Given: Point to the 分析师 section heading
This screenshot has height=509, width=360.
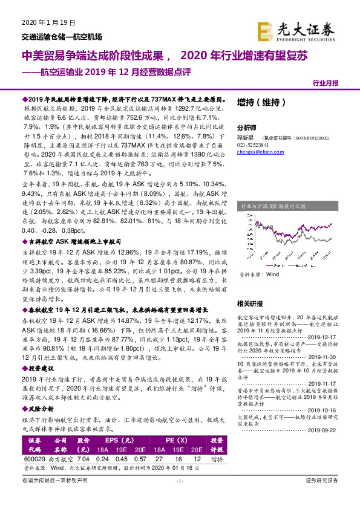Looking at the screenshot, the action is [246, 128].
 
